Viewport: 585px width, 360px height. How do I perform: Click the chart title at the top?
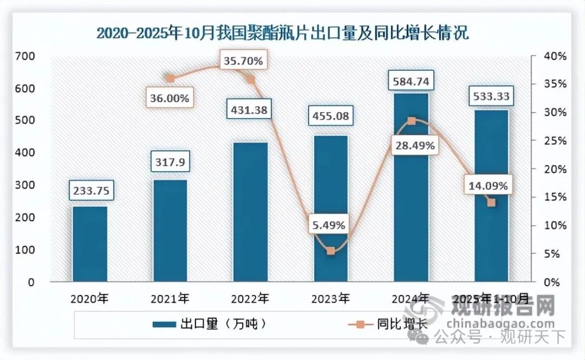282,33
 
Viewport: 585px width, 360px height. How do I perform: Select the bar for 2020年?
90,244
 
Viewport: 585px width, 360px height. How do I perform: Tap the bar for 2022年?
250,212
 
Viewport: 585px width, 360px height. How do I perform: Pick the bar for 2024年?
411,187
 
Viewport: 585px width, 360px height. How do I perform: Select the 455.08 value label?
330,116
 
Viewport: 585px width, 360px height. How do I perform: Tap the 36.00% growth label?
170,98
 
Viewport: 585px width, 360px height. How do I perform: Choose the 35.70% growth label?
243,61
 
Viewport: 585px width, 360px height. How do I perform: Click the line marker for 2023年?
331,251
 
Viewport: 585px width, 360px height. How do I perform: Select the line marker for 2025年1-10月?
491,202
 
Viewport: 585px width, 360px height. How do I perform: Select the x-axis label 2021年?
170,298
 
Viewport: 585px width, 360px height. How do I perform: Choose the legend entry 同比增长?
387,324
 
